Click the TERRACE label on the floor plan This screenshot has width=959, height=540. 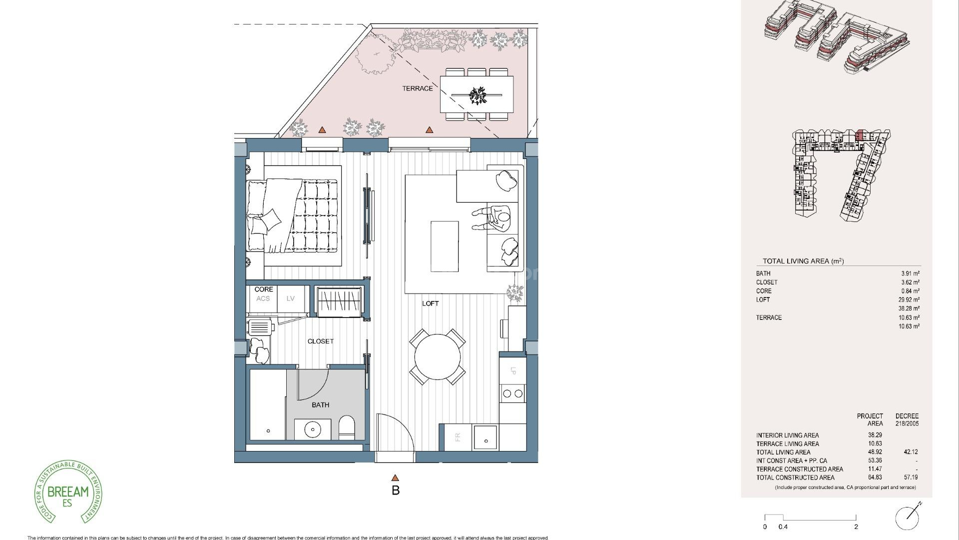[418, 88]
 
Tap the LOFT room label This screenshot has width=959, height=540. [430, 303]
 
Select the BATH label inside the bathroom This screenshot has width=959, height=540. [320, 405]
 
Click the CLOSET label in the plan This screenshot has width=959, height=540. [320, 341]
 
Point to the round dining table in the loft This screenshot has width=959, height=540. [437, 357]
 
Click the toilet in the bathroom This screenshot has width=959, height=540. [346, 428]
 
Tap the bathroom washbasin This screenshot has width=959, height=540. [313, 429]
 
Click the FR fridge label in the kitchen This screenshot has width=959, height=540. [457, 437]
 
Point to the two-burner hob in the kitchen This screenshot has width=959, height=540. [513, 393]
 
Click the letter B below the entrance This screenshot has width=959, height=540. [396, 490]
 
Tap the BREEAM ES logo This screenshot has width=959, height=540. [68, 492]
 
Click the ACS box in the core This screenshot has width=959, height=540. [263, 299]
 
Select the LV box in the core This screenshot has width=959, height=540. [291, 299]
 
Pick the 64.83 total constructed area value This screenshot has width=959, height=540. [875, 477]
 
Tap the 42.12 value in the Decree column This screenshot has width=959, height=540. [911, 452]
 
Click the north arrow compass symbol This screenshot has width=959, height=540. [907, 517]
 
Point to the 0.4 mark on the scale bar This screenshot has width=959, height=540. [783, 526]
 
